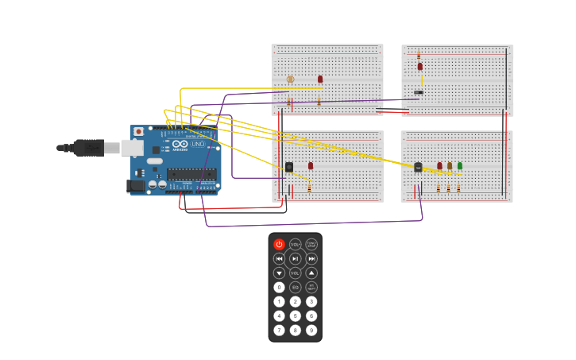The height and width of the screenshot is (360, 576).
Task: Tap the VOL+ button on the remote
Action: (x=296, y=245)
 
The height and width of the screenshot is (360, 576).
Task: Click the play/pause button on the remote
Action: (x=296, y=259)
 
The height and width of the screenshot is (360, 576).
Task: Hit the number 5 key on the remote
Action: (x=296, y=316)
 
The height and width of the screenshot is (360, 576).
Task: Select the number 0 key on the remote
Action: (x=279, y=288)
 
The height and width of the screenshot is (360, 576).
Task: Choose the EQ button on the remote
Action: (x=296, y=288)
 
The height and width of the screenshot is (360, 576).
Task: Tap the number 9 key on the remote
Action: (x=311, y=331)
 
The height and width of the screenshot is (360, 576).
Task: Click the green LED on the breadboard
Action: (x=459, y=166)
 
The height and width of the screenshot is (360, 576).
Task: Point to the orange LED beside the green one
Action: (x=450, y=166)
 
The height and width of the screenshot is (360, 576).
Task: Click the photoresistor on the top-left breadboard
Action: (x=290, y=79)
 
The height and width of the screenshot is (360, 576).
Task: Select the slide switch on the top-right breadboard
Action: (x=419, y=93)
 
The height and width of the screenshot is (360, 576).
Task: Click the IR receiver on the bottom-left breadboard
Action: (x=289, y=167)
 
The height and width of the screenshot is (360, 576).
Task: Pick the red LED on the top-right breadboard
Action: (x=420, y=67)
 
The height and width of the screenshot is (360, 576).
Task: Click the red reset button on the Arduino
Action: (x=139, y=132)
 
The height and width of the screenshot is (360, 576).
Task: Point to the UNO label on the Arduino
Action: (x=198, y=144)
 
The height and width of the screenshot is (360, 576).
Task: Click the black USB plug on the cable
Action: (x=88, y=148)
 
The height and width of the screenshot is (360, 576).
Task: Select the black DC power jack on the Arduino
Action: (x=136, y=186)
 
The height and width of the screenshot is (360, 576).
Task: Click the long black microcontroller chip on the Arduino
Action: (x=191, y=174)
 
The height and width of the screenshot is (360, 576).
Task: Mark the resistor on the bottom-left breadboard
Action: (x=309, y=189)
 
